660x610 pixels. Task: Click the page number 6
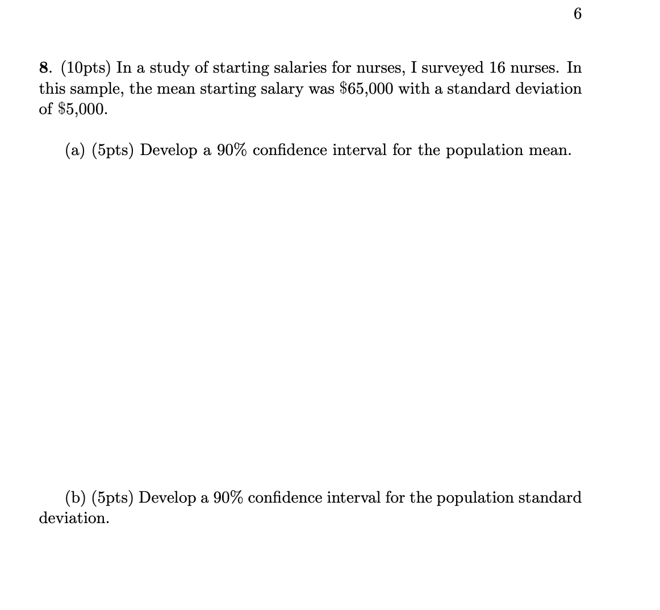[578, 14]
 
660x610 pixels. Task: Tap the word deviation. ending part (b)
[73, 518]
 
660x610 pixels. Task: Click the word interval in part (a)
[359, 150]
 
